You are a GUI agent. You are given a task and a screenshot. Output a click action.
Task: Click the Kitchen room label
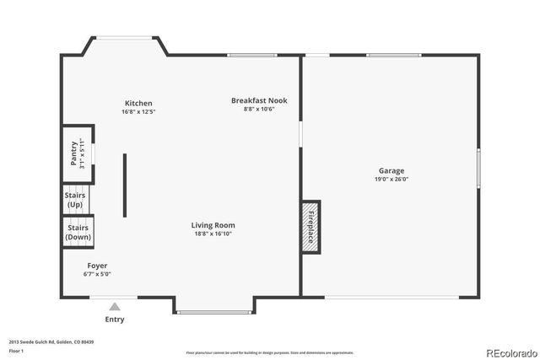click(138, 103)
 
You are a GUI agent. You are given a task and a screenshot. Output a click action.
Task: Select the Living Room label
click(213, 225)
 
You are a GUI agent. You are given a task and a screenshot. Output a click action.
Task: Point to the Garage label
click(391, 170)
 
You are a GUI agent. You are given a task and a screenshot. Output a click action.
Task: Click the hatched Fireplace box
click(310, 227)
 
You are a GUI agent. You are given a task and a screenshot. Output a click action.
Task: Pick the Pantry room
click(76, 153)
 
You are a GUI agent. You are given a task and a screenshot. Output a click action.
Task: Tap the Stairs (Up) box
click(75, 200)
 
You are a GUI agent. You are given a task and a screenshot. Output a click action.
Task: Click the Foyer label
click(97, 266)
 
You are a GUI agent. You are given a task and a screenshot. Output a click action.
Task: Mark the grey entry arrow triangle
click(115, 307)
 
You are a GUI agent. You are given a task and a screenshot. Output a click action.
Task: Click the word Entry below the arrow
click(115, 320)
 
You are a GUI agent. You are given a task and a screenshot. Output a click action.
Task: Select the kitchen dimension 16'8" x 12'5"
click(138, 111)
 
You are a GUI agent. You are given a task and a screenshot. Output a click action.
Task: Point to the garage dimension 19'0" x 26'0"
click(391, 179)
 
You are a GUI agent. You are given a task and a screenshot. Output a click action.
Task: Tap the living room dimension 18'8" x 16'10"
click(213, 234)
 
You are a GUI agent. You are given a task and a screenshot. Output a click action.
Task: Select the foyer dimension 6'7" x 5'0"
click(97, 274)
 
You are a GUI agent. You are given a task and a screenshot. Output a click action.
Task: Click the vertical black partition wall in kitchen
click(126, 185)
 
